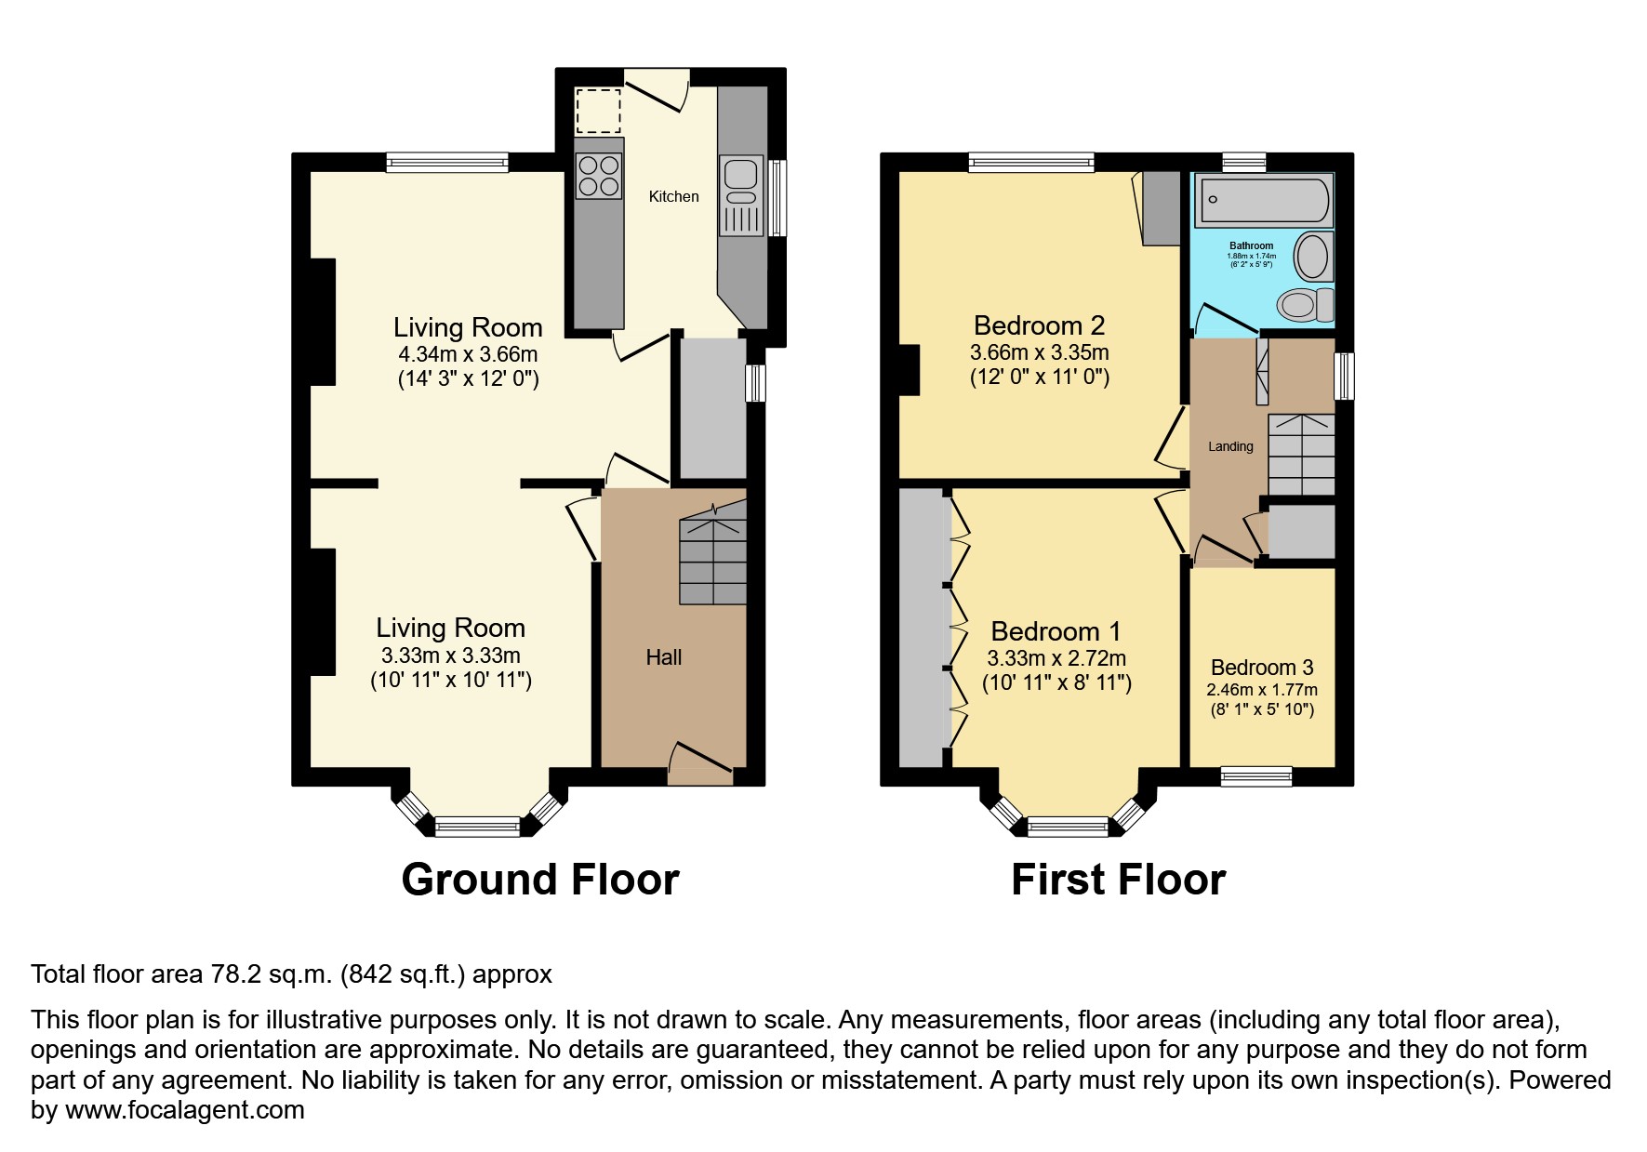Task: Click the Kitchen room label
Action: [x=673, y=196]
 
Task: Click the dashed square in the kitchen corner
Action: [x=597, y=111]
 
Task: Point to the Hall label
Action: [x=664, y=657]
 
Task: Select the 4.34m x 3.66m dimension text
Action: [x=468, y=354]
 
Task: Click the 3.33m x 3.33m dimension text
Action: [x=450, y=655]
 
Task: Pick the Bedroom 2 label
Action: [x=1039, y=325]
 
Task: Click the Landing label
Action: [x=1230, y=446]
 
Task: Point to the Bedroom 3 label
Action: [x=1261, y=668]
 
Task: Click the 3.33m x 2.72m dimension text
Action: [x=1056, y=658]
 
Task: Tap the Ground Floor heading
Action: [x=539, y=880]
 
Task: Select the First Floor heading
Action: [x=1118, y=880]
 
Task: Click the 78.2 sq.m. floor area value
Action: [x=271, y=974]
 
